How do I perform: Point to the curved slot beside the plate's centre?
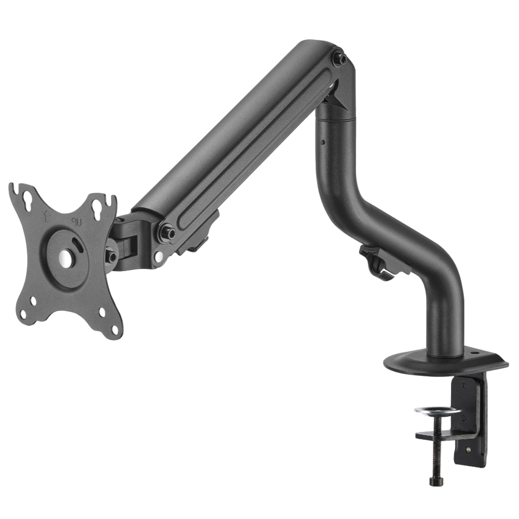click(x=79, y=245)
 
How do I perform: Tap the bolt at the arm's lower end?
click(x=167, y=231)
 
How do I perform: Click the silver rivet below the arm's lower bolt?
click(x=158, y=256)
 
